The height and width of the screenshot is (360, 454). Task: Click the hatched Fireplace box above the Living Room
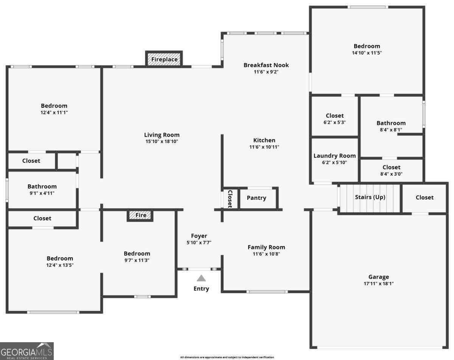[164, 59]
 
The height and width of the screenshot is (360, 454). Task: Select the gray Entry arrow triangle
[201, 278]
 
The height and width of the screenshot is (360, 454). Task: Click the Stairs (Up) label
[370, 197]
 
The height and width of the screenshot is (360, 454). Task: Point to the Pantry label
[257, 198]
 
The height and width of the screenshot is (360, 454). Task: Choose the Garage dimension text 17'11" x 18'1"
[379, 284]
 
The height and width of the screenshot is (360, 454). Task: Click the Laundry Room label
[334, 156]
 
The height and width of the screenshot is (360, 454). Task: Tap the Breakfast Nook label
[266, 65]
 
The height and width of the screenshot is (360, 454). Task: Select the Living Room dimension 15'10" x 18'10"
[162, 142]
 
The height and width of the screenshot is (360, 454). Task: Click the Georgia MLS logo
[27, 351]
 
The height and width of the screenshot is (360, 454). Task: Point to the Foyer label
[199, 236]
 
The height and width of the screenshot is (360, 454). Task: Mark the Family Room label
[266, 247]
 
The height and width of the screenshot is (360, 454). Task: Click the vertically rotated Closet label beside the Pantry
[229, 199]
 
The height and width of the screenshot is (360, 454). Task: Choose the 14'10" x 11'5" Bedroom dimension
[367, 53]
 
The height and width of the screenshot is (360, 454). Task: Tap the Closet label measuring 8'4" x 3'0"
[391, 167]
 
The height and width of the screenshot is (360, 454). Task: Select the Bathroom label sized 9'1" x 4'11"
[42, 186]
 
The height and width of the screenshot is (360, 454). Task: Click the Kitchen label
[264, 140]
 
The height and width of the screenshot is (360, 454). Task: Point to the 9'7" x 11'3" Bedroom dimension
[137, 260]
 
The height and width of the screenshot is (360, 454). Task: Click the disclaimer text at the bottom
[227, 357]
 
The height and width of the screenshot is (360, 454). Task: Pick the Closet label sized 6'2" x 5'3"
[334, 116]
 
